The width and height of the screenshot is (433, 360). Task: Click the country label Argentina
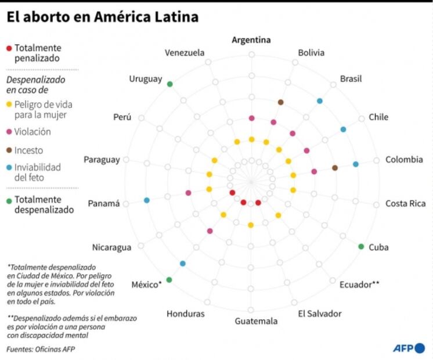point(251,40)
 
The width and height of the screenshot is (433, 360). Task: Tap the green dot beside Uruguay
point(169,84)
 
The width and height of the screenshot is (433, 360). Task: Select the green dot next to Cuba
point(361,247)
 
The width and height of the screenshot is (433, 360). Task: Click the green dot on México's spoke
point(169,280)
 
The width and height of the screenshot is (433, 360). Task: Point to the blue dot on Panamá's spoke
point(146,200)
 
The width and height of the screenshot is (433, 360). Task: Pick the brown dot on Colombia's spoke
point(335,168)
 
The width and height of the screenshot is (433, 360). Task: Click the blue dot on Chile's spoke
point(343,129)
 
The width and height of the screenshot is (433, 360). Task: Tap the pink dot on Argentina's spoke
point(251,118)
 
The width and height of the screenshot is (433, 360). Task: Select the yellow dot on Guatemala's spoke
point(251,225)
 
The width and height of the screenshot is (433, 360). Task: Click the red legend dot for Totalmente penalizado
point(8,48)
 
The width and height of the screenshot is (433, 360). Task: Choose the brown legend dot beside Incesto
point(8,150)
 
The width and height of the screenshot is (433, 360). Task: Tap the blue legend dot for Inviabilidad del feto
point(8,167)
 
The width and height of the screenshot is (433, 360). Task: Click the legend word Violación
point(33,132)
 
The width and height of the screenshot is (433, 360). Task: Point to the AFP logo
point(409,348)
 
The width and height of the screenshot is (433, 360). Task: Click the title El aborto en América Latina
point(102,17)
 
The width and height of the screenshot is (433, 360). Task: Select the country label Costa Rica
point(406,203)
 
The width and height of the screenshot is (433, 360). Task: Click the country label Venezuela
point(185,53)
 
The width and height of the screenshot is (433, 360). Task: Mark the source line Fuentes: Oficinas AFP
point(41,349)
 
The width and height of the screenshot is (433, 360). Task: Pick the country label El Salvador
point(320,314)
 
